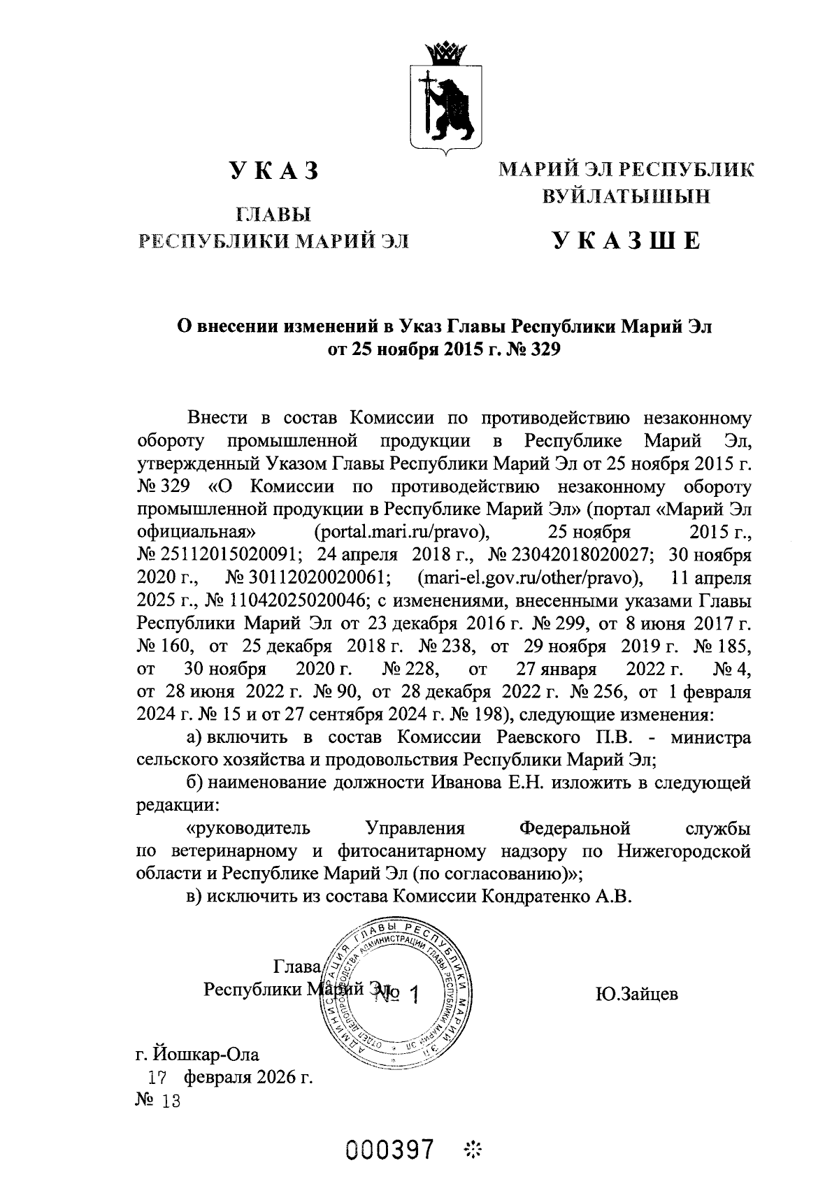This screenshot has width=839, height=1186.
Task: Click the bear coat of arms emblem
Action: [441, 105]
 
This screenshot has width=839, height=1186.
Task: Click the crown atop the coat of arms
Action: [441, 53]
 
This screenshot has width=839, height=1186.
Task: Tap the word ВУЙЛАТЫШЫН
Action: [626, 196]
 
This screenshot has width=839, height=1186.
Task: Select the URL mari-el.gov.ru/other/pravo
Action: [529, 579]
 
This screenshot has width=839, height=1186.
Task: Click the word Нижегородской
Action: [684, 852]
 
